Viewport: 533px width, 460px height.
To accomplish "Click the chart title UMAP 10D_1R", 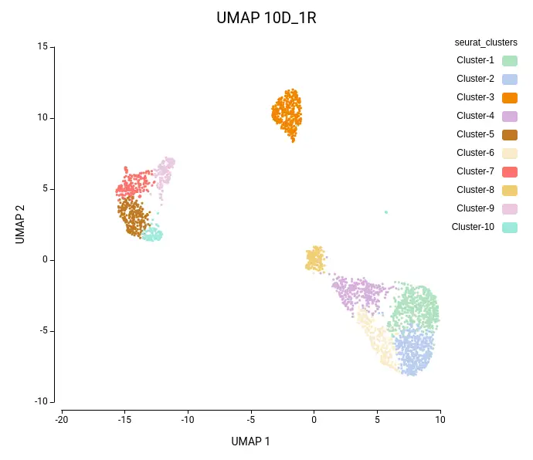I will pos(266,18).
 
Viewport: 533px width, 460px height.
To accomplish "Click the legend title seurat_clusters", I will pos(486,42).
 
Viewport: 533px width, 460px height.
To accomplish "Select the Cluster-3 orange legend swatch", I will pos(509,97).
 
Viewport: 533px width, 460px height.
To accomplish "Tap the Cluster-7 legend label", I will pos(475,171).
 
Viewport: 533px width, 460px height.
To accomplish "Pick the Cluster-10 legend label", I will pos(473,227).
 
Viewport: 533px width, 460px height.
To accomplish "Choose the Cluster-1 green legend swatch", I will pos(509,60).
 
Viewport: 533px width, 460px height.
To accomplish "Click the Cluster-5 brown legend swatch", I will pos(509,134).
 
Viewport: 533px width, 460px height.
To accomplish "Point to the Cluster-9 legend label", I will pos(475,208).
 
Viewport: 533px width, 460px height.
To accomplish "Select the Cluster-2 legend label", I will pos(475,79).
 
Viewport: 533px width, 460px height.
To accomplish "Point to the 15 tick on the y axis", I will pos(42,47).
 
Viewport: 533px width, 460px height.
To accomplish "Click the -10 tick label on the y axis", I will pos(41,401).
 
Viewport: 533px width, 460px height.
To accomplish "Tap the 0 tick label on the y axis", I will pos(45,260).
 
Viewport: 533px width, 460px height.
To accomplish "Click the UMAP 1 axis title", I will pos(251,441).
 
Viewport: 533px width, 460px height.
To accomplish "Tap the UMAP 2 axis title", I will pos(21,225).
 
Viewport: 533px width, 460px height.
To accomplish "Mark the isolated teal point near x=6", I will pos(386,211).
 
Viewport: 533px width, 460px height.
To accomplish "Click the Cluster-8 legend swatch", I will pos(509,190).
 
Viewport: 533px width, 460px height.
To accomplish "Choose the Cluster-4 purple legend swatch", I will pos(509,116).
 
